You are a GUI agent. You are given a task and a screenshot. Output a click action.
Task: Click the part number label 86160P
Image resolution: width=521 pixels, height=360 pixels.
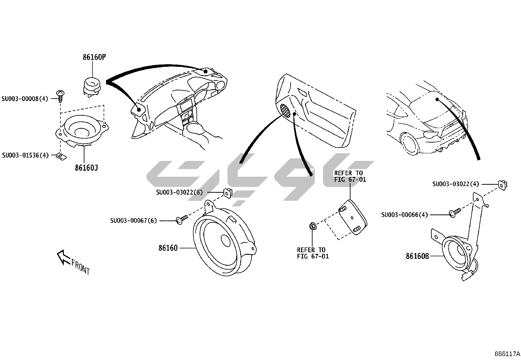[x=94, y=57]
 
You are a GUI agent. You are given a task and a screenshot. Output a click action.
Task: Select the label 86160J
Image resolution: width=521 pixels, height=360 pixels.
[x=86, y=168]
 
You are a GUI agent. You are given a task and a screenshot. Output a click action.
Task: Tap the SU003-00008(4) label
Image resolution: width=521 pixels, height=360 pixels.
[x=25, y=98]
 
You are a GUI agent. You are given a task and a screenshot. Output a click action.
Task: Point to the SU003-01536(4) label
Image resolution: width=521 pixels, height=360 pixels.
[x=25, y=155]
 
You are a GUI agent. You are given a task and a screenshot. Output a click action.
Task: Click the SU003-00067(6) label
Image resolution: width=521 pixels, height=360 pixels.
[x=133, y=221]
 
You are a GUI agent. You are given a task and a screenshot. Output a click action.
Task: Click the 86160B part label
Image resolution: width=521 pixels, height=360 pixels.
[x=417, y=256]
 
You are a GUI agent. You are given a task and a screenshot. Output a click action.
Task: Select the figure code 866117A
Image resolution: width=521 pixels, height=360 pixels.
[x=507, y=354]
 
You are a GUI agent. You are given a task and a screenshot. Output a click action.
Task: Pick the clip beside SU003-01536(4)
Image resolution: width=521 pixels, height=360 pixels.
[x=61, y=156]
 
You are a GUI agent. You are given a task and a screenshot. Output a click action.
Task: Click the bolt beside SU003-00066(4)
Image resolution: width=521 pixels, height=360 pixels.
[x=455, y=212]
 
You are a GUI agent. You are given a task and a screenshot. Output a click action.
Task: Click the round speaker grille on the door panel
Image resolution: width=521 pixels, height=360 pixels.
[x=286, y=111]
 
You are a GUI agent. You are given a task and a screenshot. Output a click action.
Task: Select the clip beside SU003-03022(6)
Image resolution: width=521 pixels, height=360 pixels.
[x=227, y=192]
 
